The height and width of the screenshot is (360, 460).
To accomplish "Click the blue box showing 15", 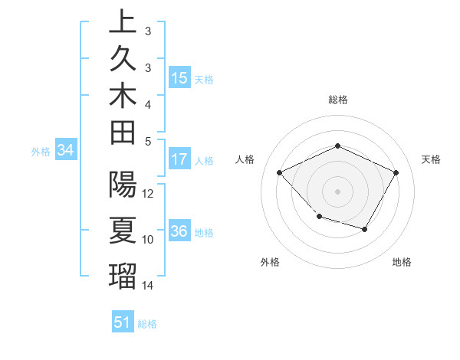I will [x=179, y=78].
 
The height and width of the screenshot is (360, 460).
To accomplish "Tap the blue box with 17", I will [x=179, y=160].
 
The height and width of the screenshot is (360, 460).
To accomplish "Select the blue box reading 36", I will [x=179, y=232].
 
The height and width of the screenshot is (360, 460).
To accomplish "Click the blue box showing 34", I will [x=65, y=151].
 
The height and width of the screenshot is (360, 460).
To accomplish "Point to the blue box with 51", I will [x=122, y=322].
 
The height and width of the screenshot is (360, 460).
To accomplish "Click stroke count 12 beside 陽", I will [x=149, y=194].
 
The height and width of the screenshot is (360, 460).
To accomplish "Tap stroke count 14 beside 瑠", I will [x=149, y=286].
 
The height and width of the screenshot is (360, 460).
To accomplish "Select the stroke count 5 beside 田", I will [x=148, y=141].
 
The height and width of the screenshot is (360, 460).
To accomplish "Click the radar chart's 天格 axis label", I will [x=432, y=159].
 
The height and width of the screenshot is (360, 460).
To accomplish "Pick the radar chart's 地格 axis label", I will [x=402, y=262].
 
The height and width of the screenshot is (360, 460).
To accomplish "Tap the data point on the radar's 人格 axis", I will [x=280, y=172].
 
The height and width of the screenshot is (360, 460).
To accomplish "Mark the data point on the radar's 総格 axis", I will [x=337, y=146].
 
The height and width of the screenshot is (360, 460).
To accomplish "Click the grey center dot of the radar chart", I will [x=337, y=191].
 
